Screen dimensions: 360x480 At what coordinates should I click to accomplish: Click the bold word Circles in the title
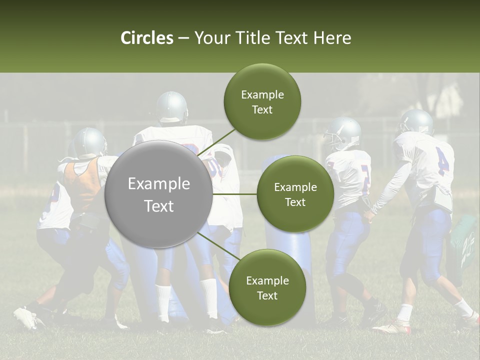pyautogui.click(x=147, y=38)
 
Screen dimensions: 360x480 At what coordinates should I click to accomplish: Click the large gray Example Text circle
pyautogui.click(x=158, y=194)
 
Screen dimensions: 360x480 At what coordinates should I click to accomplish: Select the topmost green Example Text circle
pyautogui.click(x=262, y=102)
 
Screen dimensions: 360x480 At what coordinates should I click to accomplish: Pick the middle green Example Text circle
pyautogui.click(x=295, y=194)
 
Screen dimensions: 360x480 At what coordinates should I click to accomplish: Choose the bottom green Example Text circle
pyautogui.click(x=266, y=287)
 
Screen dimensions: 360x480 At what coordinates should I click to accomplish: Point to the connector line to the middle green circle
pyautogui.click(x=234, y=194)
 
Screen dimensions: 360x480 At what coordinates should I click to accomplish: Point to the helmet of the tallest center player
pyautogui.click(x=171, y=106)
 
